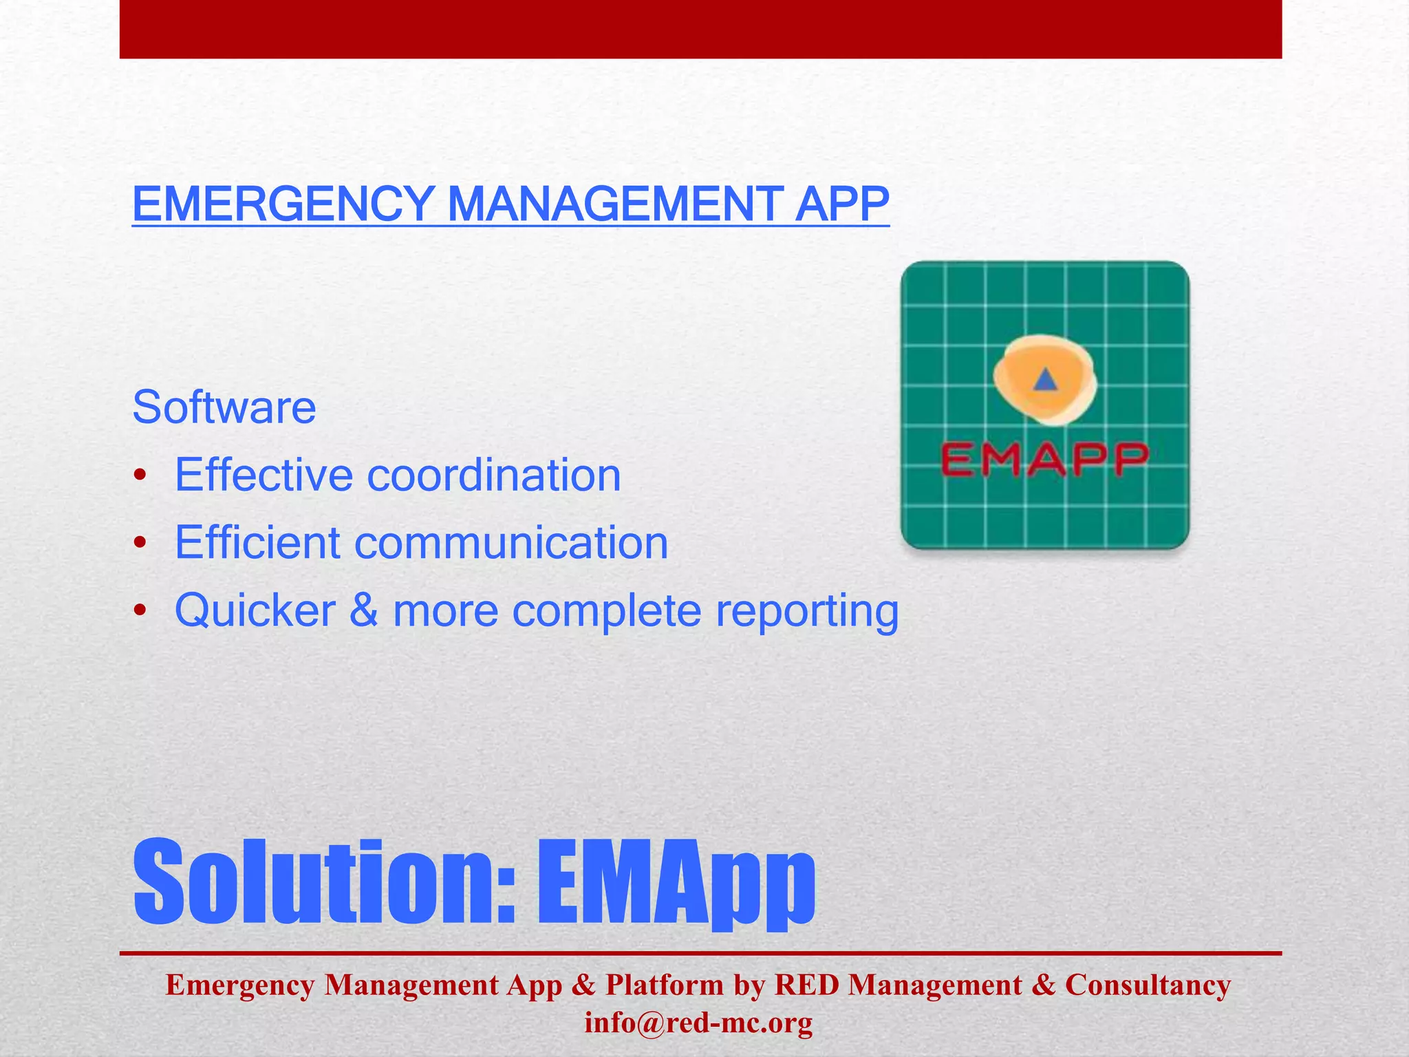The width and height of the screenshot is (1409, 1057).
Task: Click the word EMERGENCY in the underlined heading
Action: pyautogui.click(x=282, y=204)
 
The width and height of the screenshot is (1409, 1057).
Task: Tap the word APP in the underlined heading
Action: pyautogui.click(x=841, y=204)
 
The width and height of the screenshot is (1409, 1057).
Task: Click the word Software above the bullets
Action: pyautogui.click(x=224, y=407)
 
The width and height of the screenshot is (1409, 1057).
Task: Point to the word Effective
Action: pyautogui.click(x=264, y=475)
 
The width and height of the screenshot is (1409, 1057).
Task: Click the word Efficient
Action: pyautogui.click(x=257, y=542)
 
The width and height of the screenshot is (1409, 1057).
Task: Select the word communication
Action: pyautogui.click(x=510, y=542)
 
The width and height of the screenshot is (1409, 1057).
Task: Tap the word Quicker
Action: pyautogui.click(x=255, y=610)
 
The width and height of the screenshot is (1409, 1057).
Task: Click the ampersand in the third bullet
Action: pyautogui.click(x=364, y=610)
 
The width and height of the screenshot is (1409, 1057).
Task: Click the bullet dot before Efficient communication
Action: pyautogui.click(x=140, y=544)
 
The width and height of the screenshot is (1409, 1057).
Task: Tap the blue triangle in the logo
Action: pyautogui.click(x=1045, y=380)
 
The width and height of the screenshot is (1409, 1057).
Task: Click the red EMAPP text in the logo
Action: pyautogui.click(x=1044, y=460)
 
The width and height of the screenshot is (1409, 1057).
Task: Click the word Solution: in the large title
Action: pyautogui.click(x=325, y=882)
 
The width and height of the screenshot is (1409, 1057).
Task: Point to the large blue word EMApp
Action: pyautogui.click(x=676, y=882)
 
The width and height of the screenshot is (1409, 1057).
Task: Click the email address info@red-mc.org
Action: pyautogui.click(x=698, y=1023)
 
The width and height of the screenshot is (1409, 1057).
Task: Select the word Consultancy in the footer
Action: pyautogui.click(x=1148, y=985)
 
